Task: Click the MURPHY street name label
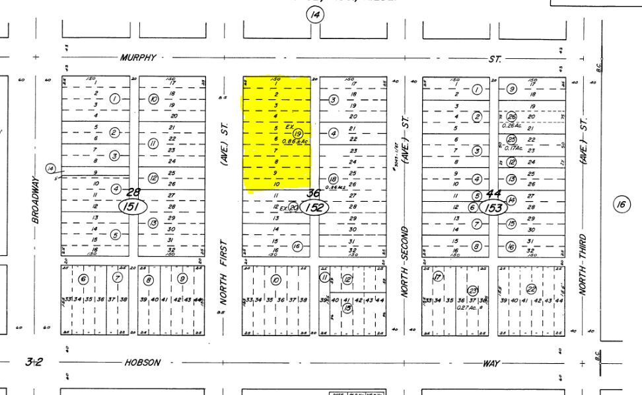[x=138, y=58]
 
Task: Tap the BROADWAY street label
[x=36, y=199]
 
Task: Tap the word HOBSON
[x=142, y=363]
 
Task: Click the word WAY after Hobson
[x=492, y=363]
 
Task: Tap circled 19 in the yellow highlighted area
[x=298, y=133]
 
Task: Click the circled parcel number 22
[x=531, y=288]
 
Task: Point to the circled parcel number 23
[x=472, y=290]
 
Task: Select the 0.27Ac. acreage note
[x=470, y=307]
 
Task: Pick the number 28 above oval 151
[x=134, y=191]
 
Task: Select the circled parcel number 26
[x=511, y=116]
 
